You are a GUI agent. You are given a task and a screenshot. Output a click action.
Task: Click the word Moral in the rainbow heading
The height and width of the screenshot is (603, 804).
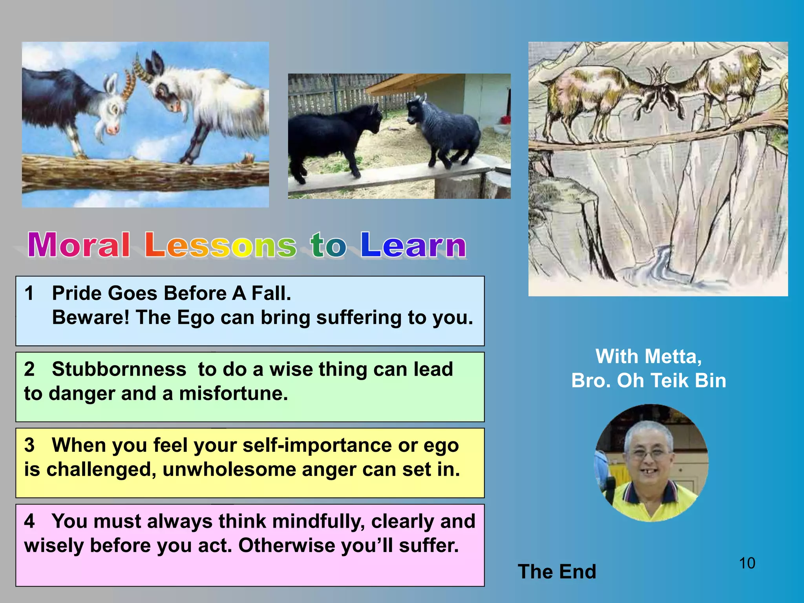[x=79, y=245]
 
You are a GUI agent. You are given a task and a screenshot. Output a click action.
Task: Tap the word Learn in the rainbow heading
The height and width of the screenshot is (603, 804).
[x=413, y=245]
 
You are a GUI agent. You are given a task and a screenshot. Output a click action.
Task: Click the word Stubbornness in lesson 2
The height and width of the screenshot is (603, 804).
[x=119, y=369]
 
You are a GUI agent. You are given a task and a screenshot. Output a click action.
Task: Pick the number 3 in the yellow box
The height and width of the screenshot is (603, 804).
[x=29, y=445]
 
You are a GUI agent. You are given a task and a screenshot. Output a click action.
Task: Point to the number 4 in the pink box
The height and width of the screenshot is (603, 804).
[x=29, y=521]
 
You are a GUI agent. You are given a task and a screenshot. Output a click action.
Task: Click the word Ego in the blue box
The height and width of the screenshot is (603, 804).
[x=196, y=318]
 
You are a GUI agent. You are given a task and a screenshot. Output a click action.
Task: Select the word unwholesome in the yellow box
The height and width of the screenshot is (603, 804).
[x=229, y=470]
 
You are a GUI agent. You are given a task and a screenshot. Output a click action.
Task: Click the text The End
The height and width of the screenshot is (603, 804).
[x=557, y=572]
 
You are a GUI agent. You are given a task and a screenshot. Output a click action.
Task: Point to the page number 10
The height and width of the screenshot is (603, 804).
[x=747, y=563]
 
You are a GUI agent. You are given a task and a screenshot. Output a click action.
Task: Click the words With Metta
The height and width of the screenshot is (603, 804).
[x=649, y=356]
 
